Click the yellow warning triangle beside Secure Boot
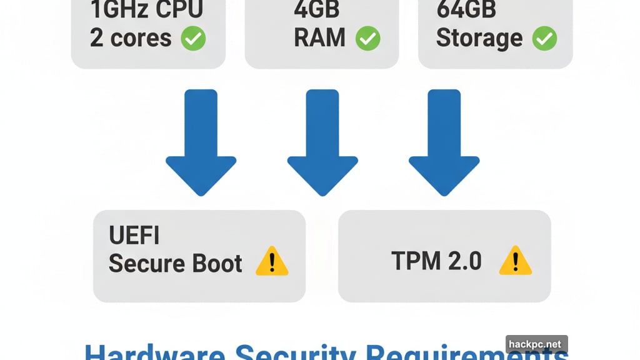[272, 261]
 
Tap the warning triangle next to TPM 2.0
[515, 261]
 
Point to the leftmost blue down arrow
[201, 147]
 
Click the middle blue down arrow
[322, 147]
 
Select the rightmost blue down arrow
[444, 147]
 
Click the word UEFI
[134, 236]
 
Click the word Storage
[479, 38]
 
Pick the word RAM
[319, 38]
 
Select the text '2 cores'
[130, 38]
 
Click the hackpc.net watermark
[536, 344]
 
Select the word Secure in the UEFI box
[146, 263]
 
